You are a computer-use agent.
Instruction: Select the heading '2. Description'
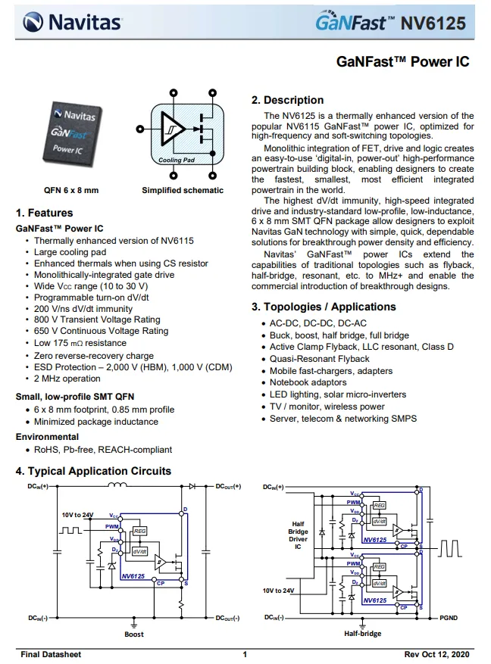click(287, 100)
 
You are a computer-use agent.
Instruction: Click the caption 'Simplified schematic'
click(183, 190)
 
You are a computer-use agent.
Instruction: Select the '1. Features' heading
click(45, 213)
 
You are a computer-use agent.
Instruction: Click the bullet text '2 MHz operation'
click(67, 379)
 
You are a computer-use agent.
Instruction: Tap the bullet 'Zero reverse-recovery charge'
click(94, 355)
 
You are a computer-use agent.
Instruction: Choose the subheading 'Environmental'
click(47, 437)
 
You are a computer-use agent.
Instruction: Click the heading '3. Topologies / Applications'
click(324, 307)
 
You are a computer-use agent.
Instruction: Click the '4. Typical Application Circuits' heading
click(94, 471)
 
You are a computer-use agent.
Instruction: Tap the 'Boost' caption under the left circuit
click(134, 634)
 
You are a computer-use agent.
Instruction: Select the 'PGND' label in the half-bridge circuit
click(449, 618)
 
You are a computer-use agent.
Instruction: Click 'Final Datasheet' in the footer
click(51, 654)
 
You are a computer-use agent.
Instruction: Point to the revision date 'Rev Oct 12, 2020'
click(436, 654)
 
